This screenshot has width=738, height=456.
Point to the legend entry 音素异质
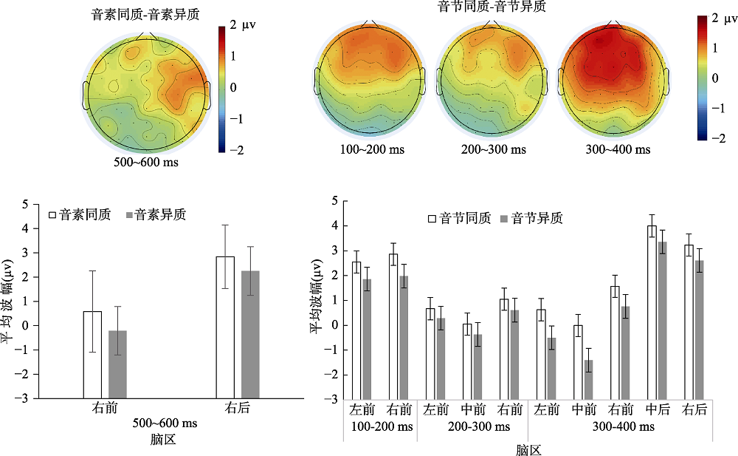(x=156, y=215)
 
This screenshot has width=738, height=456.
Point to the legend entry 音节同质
(x=458, y=218)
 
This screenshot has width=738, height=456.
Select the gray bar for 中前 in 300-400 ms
(x=588, y=379)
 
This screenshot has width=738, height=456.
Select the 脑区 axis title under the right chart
(x=528, y=449)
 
